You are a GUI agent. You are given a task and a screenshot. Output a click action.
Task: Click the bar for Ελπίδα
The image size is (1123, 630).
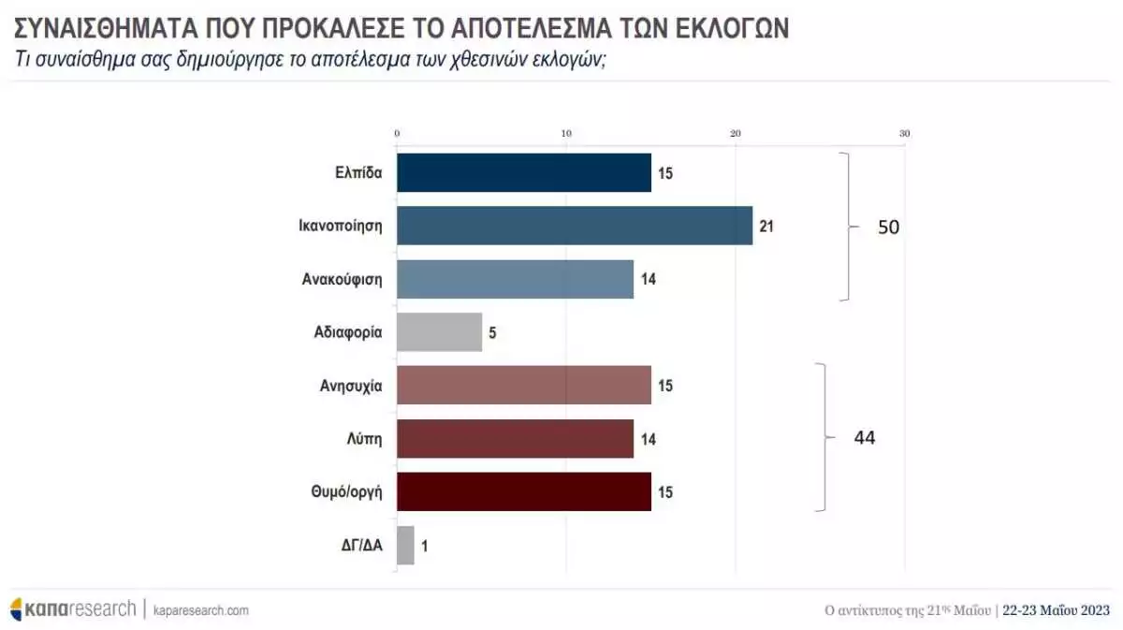(x=524, y=172)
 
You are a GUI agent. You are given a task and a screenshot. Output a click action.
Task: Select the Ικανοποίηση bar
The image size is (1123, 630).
(x=575, y=226)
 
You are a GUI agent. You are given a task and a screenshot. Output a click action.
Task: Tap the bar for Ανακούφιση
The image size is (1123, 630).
(x=516, y=279)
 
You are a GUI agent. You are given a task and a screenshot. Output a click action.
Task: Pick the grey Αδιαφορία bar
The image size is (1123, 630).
(x=440, y=332)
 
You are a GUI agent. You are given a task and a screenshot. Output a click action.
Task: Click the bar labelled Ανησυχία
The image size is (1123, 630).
(x=524, y=385)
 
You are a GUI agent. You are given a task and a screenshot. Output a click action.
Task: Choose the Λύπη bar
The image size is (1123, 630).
(x=516, y=438)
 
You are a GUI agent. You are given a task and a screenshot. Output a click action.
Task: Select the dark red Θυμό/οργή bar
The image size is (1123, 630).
(x=524, y=491)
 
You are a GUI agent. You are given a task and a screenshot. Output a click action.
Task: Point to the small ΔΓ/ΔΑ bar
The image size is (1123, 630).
(x=405, y=545)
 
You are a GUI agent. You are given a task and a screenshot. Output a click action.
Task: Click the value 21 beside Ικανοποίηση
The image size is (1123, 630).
(x=766, y=226)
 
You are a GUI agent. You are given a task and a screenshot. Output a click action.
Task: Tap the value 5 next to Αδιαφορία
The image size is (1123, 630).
(x=492, y=332)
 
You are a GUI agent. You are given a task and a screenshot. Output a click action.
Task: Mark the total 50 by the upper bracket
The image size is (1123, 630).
(x=888, y=227)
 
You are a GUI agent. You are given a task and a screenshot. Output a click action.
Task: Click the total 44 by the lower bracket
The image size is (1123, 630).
(x=864, y=437)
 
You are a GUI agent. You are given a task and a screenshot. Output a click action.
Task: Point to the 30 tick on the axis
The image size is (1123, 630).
(x=904, y=134)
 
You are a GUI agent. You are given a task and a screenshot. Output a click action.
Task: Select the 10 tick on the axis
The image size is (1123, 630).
(x=566, y=134)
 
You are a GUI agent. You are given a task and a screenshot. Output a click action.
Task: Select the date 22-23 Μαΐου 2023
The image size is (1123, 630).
(x=1056, y=610)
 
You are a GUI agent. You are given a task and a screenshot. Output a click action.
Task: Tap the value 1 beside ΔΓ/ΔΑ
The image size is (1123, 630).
(x=425, y=545)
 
